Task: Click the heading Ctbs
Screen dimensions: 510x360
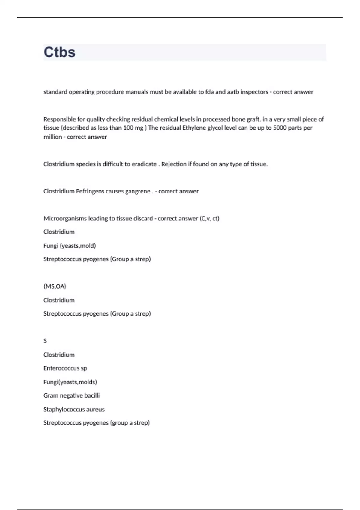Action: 59,52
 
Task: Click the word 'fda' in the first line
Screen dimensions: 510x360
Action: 209,92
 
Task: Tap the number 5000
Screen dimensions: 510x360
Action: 280,128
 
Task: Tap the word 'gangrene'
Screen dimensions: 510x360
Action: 137,191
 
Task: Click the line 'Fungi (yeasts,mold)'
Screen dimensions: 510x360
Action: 70,246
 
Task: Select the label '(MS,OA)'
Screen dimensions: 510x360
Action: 55,286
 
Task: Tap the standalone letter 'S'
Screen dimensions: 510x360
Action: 45,341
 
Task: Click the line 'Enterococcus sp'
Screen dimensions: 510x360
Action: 65,368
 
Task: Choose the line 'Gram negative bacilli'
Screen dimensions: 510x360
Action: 71,395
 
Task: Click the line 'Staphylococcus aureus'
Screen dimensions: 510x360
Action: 74,409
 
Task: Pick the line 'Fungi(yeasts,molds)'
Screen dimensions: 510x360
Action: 70,382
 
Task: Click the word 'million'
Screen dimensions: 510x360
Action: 53,137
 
